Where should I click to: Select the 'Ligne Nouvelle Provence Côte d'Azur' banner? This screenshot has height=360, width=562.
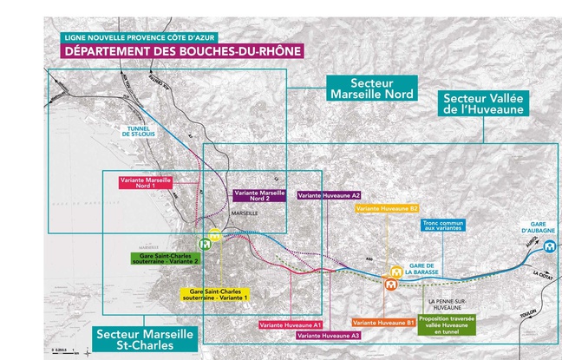coord(139,38)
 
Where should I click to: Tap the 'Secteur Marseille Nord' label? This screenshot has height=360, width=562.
coord(370,88)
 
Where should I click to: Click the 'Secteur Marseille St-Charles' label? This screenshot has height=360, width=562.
coord(135,339)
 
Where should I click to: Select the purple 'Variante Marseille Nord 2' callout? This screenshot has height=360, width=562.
coord(260,195)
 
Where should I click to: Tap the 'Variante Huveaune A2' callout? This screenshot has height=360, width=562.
coord(329,195)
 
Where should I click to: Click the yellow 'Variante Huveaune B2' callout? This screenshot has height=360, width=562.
coord(387,208)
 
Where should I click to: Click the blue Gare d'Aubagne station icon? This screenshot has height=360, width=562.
coord(550,245)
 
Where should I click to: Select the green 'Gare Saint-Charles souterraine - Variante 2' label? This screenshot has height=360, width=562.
coord(165,258)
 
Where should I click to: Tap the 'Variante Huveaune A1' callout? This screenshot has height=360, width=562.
coord(291,324)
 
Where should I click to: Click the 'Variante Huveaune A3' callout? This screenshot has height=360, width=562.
coord(329,334)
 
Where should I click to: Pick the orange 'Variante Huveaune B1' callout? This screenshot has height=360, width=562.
coord(383,322)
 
